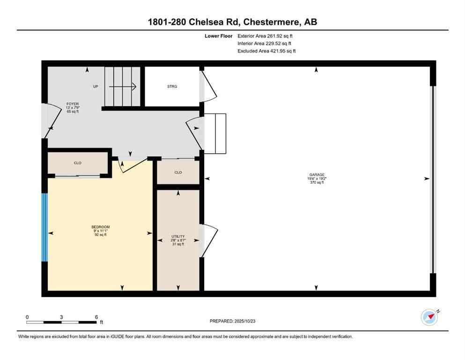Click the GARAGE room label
pyautogui.click(x=317, y=175)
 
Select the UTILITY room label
pyautogui.click(x=178, y=237)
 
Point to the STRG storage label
pyautogui.click(x=172, y=86)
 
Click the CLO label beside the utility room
pyautogui.click(x=178, y=172)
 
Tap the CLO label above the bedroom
pyautogui.click(x=78, y=163)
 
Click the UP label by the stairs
pyautogui.click(x=95, y=86)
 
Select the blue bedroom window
pyautogui.click(x=44, y=227)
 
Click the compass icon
pyautogui.click(x=429, y=317)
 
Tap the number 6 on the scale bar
pyautogui.click(x=96, y=317)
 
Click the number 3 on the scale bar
pyautogui.click(x=61, y=317)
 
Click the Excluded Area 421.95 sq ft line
pyautogui.click(x=267, y=51)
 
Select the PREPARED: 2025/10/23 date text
pyautogui.click(x=234, y=321)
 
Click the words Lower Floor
pyautogui.click(x=218, y=36)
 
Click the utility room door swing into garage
pyautogui.click(x=210, y=240)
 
